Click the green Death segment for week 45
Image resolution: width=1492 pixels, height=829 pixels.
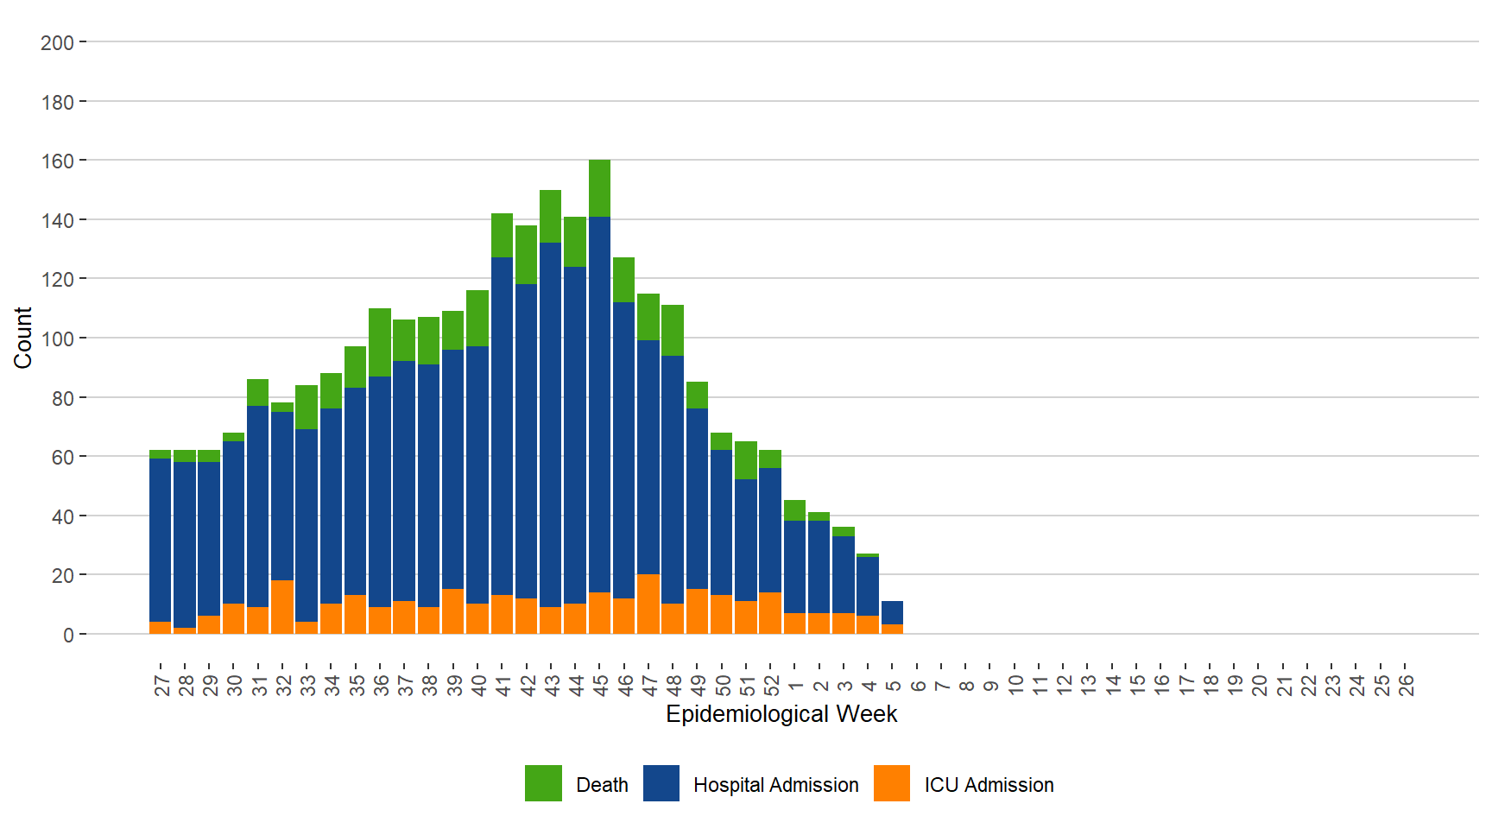tap(599, 188)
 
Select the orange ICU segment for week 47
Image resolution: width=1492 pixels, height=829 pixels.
tap(648, 604)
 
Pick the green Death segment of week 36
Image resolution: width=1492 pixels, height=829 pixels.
tap(380, 342)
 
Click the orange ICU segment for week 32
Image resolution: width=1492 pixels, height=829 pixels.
tap(282, 607)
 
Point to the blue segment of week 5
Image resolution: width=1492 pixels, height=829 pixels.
tap(893, 612)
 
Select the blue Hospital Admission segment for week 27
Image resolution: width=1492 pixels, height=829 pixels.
tap(160, 540)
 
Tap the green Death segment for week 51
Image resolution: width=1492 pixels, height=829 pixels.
tap(746, 460)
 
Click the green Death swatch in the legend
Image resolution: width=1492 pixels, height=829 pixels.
tap(543, 783)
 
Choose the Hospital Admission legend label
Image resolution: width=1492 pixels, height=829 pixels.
tap(775, 785)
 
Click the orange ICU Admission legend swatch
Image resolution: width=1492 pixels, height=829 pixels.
tap(892, 783)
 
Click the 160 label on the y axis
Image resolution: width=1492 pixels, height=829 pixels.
tap(57, 161)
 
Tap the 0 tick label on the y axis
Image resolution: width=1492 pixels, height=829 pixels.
tap(68, 636)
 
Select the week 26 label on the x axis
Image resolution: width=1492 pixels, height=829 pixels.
tap(1407, 685)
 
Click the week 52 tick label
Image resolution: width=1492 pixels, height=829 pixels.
tap(772, 685)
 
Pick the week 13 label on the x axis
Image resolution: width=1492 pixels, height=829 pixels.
tap(1089, 685)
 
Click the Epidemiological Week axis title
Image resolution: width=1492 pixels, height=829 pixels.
tap(781, 714)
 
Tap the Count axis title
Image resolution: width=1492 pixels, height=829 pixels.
tap(22, 338)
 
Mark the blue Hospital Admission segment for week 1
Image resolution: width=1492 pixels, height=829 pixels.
tap(794, 566)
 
